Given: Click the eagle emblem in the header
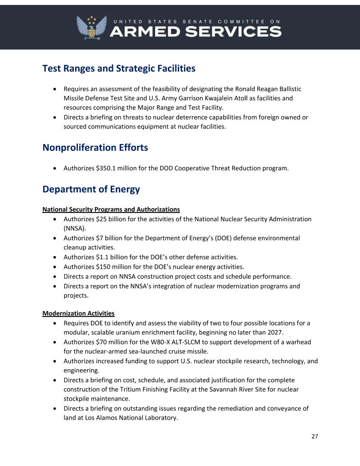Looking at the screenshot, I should (92, 27).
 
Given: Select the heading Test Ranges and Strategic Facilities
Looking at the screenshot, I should (119, 68).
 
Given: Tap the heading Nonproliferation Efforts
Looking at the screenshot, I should (95, 147).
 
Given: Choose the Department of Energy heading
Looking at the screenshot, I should (91, 189).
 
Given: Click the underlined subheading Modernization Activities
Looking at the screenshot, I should (78, 313).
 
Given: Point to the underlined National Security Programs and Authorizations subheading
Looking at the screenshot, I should (111, 209).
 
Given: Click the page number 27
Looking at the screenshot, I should (315, 436).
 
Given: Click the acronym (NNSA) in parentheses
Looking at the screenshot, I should (75, 228).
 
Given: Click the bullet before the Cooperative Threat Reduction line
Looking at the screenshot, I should (54, 169).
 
